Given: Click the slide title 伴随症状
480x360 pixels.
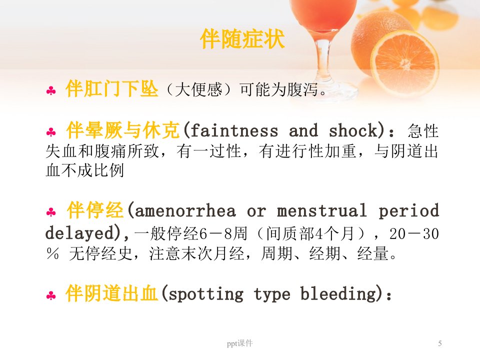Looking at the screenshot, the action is point(242,39).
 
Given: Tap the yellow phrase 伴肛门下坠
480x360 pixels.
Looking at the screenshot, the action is point(111,89).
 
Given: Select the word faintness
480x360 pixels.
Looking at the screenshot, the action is point(234,130).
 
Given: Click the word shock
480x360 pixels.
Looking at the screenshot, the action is point(353,130).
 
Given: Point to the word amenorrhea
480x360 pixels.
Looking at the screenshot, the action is point(185,211).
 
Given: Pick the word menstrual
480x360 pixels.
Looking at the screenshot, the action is point(321,210).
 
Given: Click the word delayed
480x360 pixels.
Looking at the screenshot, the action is point(79,233).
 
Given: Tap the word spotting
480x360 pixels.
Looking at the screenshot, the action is point(206,294).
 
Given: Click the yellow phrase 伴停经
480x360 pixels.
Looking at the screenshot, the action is point(95,210).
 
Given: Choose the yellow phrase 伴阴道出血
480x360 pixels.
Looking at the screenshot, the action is point(111,293).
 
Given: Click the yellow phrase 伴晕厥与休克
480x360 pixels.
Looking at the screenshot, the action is point(123,130).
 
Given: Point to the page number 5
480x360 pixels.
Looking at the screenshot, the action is point(440,343).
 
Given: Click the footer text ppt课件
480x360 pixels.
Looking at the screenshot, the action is point(239,343).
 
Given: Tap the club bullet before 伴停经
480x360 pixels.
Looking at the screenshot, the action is point(51,212).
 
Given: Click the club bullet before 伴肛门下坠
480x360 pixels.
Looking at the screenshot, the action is point(51,90).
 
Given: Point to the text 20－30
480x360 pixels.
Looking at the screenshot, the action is point(414,234).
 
